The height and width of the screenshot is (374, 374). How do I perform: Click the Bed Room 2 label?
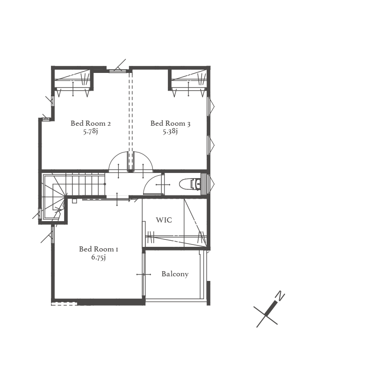pyautogui.click(x=91, y=123)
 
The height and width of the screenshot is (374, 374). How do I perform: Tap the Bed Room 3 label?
pyautogui.click(x=170, y=123)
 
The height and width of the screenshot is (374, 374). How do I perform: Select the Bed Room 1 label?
pyautogui.click(x=99, y=249)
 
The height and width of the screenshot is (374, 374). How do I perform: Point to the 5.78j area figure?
pyautogui.click(x=90, y=131)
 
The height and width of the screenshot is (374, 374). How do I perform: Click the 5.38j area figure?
pyautogui.click(x=170, y=131)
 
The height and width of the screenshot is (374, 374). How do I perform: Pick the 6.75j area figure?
pyautogui.click(x=99, y=258)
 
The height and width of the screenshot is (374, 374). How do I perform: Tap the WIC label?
pyautogui.click(x=164, y=220)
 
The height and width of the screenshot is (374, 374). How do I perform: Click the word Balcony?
pyautogui.click(x=175, y=274)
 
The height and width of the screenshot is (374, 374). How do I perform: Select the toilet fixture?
pyautogui.click(x=190, y=184)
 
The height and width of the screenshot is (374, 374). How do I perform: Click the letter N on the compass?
pyautogui.click(x=280, y=296)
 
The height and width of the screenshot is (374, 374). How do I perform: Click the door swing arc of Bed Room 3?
pyautogui.click(x=147, y=157)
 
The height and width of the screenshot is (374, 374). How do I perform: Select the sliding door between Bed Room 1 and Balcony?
pyautogui.click(x=144, y=274)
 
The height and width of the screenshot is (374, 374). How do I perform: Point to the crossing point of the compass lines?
pyautogui.click(x=266, y=316)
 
